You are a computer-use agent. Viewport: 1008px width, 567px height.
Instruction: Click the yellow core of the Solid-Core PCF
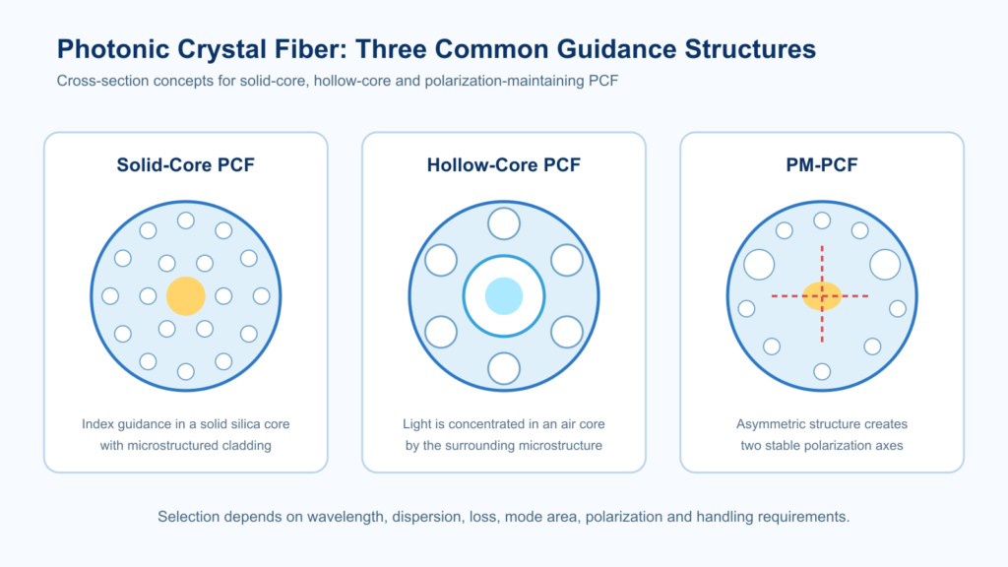(x=186, y=296)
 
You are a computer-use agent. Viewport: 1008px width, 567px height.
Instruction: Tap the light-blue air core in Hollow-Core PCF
(x=504, y=296)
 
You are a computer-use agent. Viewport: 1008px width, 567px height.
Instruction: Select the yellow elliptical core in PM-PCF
(x=822, y=296)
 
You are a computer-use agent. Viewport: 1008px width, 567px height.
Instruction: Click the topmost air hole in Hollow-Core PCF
(x=504, y=223)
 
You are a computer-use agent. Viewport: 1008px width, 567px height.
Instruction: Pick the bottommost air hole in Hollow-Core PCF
(x=504, y=369)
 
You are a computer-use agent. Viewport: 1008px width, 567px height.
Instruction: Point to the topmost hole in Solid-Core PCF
(x=186, y=220)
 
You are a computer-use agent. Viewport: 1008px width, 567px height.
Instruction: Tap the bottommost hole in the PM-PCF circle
(x=822, y=371)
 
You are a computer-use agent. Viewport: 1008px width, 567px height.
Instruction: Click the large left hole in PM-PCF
(x=759, y=265)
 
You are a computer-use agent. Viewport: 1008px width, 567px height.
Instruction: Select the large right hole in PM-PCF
(x=885, y=265)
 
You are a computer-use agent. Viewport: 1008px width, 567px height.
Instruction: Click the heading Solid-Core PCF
(x=186, y=165)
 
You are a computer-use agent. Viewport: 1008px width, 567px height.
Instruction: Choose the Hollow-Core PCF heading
(x=504, y=165)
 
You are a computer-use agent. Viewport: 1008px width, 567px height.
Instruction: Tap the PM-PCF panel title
(x=822, y=165)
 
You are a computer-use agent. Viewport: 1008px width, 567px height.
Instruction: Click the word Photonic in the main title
(x=112, y=49)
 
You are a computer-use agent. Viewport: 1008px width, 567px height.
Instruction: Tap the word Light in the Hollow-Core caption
(x=416, y=424)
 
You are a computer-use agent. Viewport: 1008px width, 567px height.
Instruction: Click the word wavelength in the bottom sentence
(x=346, y=517)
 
